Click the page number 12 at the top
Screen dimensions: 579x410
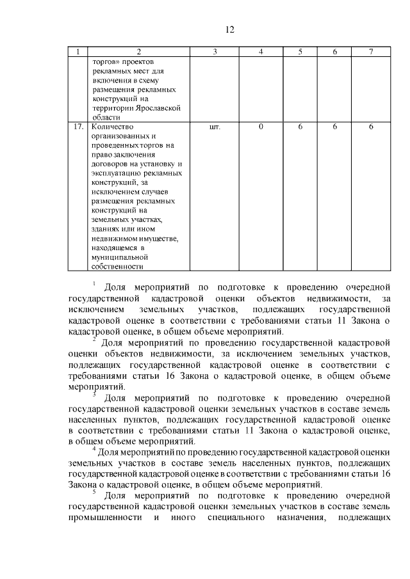(x=231, y=29)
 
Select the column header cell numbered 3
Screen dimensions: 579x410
(x=215, y=51)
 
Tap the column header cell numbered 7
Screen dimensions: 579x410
(x=370, y=51)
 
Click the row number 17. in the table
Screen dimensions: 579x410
(x=78, y=127)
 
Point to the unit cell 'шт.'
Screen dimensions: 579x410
(x=215, y=127)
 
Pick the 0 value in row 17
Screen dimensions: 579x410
(x=261, y=127)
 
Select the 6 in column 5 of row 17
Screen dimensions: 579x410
(x=300, y=127)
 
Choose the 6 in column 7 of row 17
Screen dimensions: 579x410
(x=370, y=127)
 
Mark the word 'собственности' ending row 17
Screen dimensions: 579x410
(x=117, y=267)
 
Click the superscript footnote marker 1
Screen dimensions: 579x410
(x=94, y=283)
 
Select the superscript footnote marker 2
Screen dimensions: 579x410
(x=94, y=338)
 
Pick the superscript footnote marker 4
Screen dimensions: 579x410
(x=94, y=448)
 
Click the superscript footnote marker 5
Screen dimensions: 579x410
(x=94, y=492)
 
